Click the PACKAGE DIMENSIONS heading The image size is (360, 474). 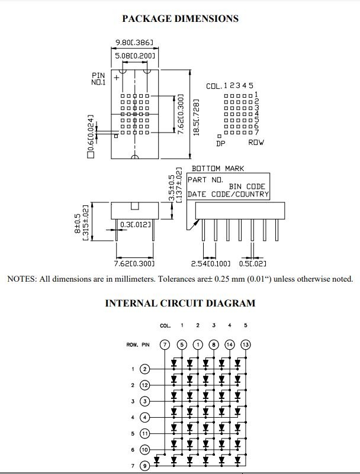pos(181,18)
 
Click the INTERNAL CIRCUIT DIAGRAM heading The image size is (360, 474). pos(181,303)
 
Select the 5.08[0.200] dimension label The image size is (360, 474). pos(135,56)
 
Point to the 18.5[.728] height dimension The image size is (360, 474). pos(196,117)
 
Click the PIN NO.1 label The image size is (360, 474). pos(99,79)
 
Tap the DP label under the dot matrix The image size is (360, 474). pos(221,143)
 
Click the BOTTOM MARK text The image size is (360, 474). pos(218,169)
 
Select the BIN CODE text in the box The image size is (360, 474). pos(247,186)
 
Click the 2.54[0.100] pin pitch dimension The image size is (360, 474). pos(211,263)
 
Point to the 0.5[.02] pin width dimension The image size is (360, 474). pos(253,263)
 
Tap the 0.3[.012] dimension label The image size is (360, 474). pos(135,225)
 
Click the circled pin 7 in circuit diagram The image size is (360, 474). pos(165,344)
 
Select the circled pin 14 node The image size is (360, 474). pos(230,344)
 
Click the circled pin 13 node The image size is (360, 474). pos(246,344)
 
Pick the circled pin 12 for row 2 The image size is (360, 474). pos(145,385)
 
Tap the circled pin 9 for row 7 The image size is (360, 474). pos(145,466)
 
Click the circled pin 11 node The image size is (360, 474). pos(145,434)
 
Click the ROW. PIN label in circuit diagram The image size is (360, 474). pos(138,344)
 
